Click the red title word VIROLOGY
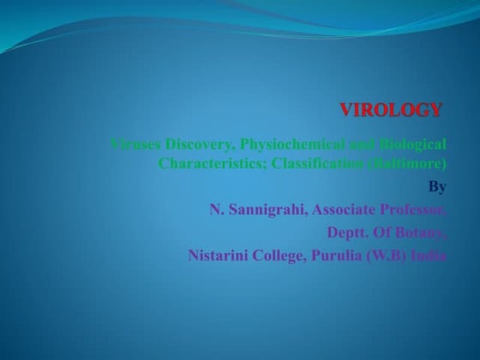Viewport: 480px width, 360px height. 392,110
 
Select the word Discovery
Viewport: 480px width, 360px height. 197,142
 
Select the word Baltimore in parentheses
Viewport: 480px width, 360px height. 410,162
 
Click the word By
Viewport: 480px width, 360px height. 436,186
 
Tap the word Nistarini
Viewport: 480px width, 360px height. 221,255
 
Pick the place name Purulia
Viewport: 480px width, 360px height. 350,255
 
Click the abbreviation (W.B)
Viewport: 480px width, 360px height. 398,255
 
